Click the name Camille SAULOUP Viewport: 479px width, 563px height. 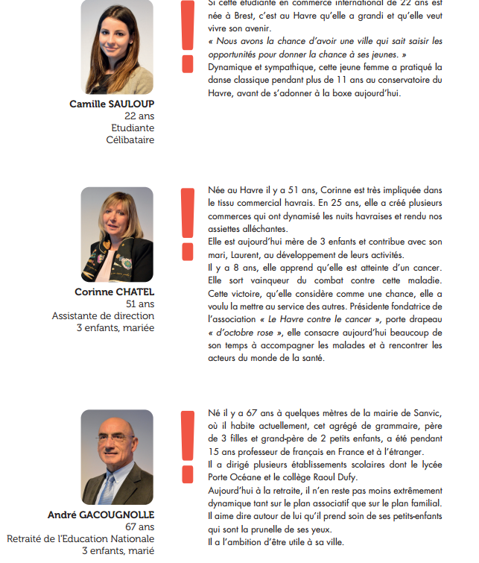click(112, 104)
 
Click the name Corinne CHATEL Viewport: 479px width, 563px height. click(114, 292)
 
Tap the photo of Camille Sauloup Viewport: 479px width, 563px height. click(117, 46)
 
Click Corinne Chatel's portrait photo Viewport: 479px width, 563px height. click(117, 234)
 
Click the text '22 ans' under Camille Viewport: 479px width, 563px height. click(139, 116)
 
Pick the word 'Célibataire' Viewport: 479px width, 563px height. click(130, 139)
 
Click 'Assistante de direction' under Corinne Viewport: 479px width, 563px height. click(103, 315)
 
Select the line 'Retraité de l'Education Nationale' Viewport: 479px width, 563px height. click(80, 539)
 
